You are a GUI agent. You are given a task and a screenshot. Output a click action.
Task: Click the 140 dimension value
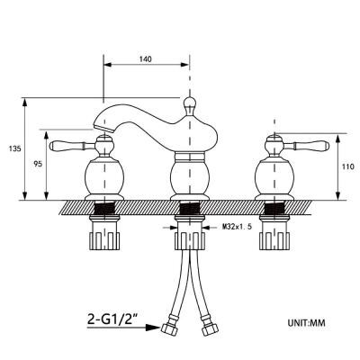(146, 59)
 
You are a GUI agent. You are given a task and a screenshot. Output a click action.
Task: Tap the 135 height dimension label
(15, 148)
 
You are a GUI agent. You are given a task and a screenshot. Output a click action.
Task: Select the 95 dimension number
(38, 164)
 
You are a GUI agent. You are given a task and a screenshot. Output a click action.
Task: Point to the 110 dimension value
(348, 166)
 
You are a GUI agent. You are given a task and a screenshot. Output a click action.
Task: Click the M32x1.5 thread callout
(236, 227)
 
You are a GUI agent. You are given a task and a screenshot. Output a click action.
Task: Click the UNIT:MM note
(306, 323)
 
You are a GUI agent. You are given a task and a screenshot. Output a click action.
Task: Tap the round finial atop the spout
(190, 103)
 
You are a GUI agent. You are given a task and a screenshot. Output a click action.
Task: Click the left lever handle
(72, 146)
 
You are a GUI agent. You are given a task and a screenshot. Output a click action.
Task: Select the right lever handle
(307, 146)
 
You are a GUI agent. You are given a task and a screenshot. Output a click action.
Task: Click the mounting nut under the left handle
(104, 239)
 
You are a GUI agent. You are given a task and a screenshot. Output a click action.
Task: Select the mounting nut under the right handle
(274, 239)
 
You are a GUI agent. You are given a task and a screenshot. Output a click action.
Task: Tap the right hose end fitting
(208, 328)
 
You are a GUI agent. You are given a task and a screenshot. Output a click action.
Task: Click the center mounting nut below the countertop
(190, 239)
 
